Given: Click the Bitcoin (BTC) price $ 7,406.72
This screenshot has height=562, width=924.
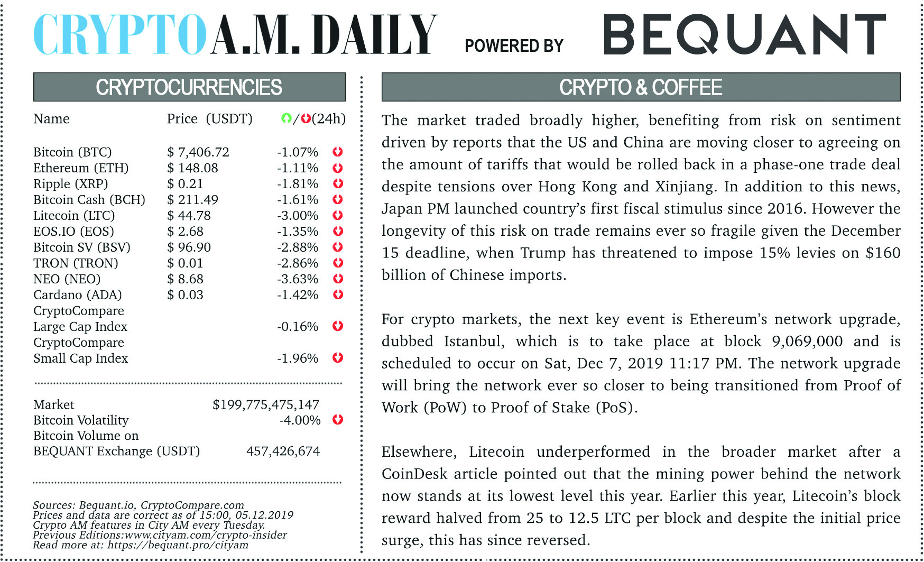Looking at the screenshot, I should (x=198, y=152).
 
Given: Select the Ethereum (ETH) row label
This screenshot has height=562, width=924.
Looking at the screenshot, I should (x=81, y=168).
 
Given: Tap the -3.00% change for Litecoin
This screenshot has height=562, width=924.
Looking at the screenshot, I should (x=298, y=216).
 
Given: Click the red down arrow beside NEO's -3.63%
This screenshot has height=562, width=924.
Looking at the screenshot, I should (x=338, y=279).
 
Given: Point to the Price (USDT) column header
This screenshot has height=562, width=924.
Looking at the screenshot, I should (x=209, y=119).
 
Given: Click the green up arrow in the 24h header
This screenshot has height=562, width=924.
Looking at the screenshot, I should (x=286, y=118).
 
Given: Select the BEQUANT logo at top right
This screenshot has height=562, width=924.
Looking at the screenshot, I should (x=744, y=34).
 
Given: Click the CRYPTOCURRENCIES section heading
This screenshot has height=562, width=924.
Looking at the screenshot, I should (x=189, y=87).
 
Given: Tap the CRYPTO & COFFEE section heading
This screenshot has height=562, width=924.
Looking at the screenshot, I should (x=641, y=87).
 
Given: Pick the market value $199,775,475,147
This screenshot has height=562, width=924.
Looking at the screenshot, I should (x=266, y=405).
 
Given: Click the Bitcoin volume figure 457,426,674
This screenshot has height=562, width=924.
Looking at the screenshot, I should (x=283, y=452).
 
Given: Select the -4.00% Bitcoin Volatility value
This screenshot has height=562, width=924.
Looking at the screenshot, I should (x=300, y=420).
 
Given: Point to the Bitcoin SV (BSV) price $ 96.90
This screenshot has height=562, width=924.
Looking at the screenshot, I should (x=189, y=247).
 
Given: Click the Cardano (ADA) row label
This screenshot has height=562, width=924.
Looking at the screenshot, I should (x=78, y=295).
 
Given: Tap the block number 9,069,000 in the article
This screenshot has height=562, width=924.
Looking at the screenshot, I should (x=807, y=342).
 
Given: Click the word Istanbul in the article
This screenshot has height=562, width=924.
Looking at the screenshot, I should (x=474, y=342).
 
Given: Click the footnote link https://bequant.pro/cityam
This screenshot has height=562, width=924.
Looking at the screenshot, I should (x=178, y=545).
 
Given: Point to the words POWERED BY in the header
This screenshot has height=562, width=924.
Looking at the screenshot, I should (x=514, y=46).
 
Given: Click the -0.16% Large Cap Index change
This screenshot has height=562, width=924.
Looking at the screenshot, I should (x=298, y=327).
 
